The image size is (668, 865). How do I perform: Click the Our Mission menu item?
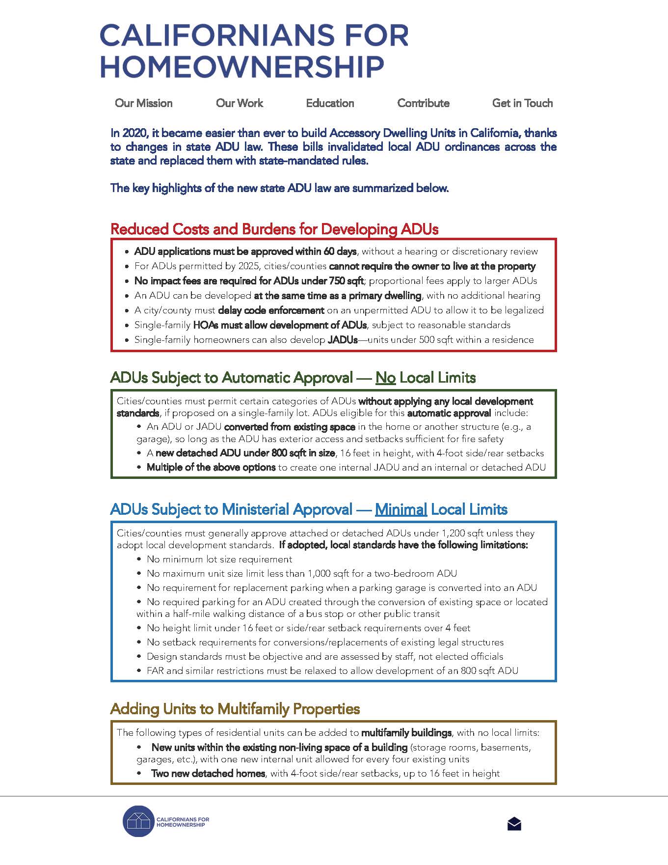point(144,103)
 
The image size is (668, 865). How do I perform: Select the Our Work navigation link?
point(240,103)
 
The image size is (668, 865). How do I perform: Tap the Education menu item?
point(330,103)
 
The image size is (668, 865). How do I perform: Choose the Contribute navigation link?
point(423,103)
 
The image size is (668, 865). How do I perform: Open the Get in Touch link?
point(522,103)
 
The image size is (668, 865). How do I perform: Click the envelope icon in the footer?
point(514,824)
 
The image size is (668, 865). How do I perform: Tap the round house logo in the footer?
point(139,821)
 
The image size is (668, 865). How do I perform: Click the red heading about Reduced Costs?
point(274,229)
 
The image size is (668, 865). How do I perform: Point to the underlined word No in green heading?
point(385,378)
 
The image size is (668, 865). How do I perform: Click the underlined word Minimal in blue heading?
point(401,509)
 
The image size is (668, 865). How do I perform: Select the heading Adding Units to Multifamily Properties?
point(235,709)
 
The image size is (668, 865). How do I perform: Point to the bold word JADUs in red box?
point(343,340)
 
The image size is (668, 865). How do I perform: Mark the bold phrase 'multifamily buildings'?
point(406,733)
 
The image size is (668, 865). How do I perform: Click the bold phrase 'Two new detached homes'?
point(208,774)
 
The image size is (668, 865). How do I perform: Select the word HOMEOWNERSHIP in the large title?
point(242,67)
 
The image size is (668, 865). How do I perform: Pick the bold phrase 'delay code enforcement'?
point(271,310)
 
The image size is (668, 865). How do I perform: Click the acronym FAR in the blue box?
point(155,671)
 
